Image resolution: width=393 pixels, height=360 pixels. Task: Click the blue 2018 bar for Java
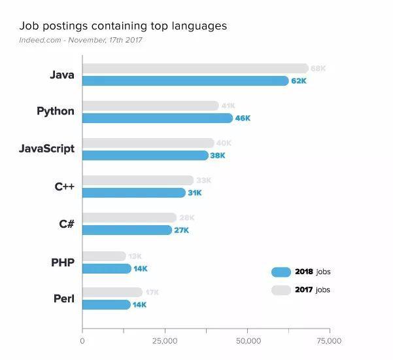(x=185, y=81)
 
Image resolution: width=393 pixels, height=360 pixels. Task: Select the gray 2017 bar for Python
(x=150, y=105)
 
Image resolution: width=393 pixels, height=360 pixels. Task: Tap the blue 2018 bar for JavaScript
(x=145, y=155)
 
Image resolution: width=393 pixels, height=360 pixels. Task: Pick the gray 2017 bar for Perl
(x=112, y=292)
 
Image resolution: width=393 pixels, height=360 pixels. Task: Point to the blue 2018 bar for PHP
(x=107, y=268)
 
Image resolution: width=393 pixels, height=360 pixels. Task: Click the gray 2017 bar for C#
(x=129, y=217)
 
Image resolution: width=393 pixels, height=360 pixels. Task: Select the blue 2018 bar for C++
(x=134, y=192)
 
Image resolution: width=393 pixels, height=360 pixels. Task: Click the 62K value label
(x=299, y=81)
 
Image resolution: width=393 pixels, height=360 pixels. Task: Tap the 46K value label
(x=243, y=118)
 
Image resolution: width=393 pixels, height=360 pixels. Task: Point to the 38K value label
(x=218, y=156)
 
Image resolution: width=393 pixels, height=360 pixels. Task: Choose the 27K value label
(x=181, y=230)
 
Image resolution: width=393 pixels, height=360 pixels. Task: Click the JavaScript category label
(x=46, y=149)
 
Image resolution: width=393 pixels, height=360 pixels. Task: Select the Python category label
(x=56, y=111)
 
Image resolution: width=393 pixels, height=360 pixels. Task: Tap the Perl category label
(x=63, y=299)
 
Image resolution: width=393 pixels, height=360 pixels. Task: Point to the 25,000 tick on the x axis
(x=165, y=341)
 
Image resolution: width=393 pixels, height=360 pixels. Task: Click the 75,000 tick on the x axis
(x=329, y=341)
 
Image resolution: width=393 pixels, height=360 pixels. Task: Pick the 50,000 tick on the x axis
(x=247, y=341)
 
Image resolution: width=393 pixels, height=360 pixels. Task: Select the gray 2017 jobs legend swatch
(x=281, y=289)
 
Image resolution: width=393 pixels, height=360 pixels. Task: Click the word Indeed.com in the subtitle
(x=41, y=40)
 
